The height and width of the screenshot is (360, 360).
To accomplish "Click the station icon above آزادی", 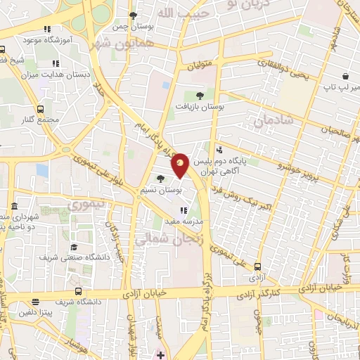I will coord(258,266).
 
